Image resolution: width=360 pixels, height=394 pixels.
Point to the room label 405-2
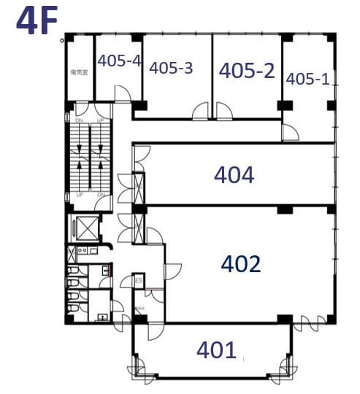click(247, 70)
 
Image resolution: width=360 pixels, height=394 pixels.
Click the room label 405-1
click(308, 78)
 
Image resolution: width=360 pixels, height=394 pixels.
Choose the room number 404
click(234, 175)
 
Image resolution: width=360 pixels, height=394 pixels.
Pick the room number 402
click(240, 263)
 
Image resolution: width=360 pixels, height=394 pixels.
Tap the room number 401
click(216, 350)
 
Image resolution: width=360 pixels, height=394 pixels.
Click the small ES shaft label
click(138, 280)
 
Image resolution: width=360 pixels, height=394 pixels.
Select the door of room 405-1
click(291, 133)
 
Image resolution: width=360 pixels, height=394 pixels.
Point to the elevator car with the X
click(87, 228)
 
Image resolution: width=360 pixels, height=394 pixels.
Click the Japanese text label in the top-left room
click(79, 72)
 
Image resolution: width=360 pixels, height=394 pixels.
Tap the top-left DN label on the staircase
click(79, 120)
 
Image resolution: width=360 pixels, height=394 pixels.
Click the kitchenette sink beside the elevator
click(83, 252)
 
